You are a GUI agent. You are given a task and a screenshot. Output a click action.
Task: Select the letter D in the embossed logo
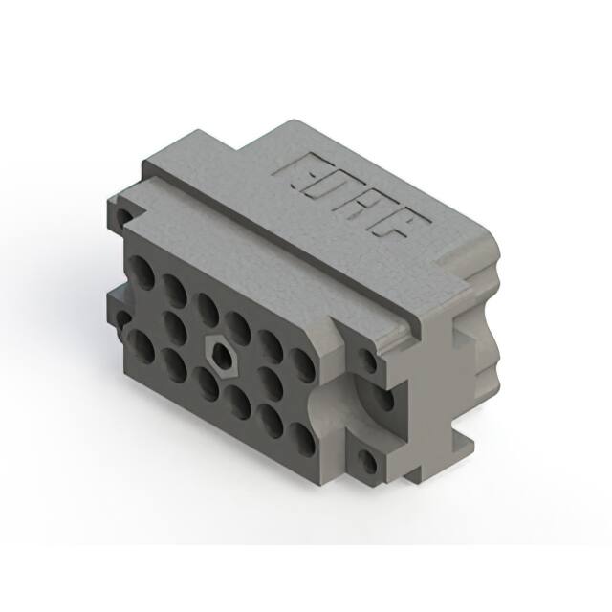[330, 189]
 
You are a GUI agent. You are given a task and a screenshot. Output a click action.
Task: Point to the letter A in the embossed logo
[368, 209]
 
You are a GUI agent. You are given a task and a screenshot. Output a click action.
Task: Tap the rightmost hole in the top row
[301, 364]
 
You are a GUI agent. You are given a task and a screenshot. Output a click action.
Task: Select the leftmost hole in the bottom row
[141, 344]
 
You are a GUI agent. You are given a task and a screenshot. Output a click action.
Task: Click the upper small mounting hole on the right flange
[368, 361]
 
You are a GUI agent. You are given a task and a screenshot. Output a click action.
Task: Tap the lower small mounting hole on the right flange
[366, 462]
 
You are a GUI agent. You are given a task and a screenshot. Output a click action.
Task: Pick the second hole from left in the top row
[173, 291]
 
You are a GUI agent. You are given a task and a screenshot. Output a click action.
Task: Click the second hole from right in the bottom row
[271, 419]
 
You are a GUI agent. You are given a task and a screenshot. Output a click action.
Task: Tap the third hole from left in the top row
[207, 309]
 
